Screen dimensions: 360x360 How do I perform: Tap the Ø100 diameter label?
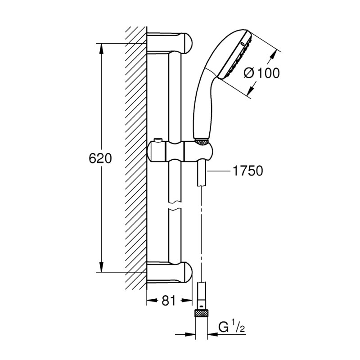point(263,72)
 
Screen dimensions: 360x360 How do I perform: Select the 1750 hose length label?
point(247,171)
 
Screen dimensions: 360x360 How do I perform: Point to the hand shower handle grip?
point(200,108)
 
